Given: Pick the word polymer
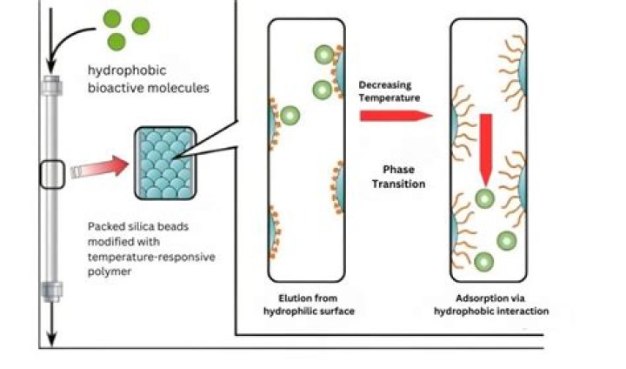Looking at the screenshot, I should click(110, 273).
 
